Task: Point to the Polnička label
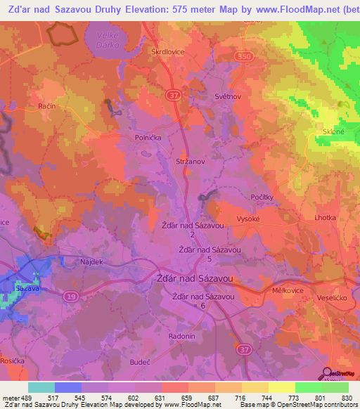[x=149, y=138]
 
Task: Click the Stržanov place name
[x=190, y=161]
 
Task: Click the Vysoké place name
[x=249, y=219]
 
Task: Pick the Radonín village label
[x=182, y=337]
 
